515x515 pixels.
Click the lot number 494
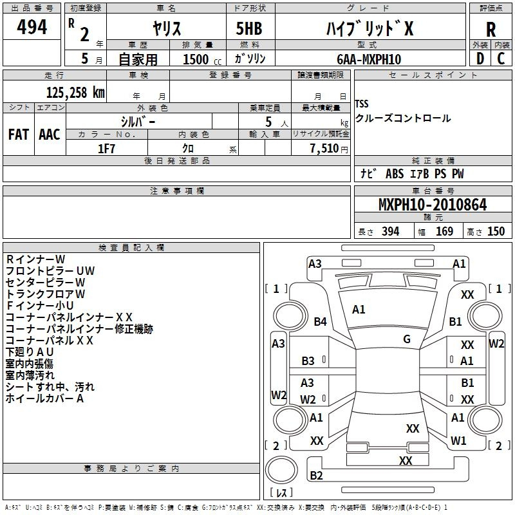point(32,27)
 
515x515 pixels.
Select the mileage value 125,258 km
point(75,93)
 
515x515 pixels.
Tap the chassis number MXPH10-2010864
point(433,205)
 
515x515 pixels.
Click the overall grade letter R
point(491,30)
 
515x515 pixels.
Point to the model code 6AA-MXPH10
point(369,59)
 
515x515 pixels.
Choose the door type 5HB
point(249,28)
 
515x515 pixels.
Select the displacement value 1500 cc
point(202,59)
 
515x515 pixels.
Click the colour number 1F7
point(106,149)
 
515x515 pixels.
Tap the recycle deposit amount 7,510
point(324,149)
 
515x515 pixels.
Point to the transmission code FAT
point(19,135)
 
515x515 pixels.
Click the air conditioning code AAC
point(50,135)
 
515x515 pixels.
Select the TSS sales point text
point(362,104)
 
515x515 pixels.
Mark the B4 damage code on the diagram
point(320,321)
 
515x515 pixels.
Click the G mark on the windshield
point(407,339)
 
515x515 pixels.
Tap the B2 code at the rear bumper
point(316,475)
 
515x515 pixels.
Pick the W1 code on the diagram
point(458,441)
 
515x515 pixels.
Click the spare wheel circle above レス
point(281,469)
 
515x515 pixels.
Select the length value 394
point(391,232)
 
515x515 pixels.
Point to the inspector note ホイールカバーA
point(44,398)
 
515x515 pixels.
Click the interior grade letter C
point(501,59)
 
